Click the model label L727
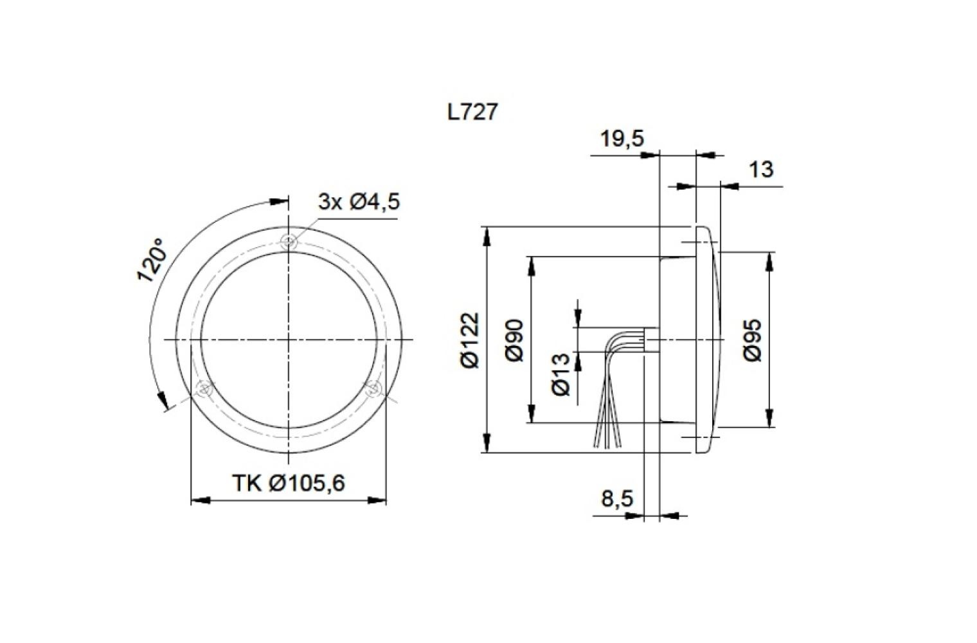472,112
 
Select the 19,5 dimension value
621,138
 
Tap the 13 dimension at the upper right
761,170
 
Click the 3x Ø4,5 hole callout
359,202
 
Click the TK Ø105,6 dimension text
289,482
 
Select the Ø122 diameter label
470,340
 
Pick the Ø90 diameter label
515,340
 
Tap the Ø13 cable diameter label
560,374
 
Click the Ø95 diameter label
753,340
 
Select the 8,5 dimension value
617,498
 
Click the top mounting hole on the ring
290,242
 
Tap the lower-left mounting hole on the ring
205,388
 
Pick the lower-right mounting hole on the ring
374,388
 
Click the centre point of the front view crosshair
290,340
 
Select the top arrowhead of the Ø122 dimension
487,235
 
